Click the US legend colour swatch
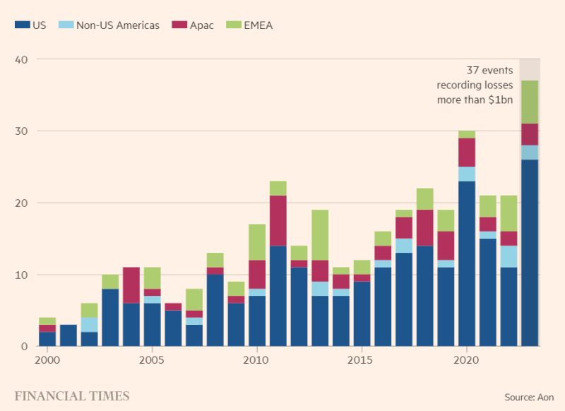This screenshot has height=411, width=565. click(x=21, y=25)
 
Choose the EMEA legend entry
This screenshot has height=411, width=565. click(x=258, y=25)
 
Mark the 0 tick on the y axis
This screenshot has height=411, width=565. click(x=24, y=346)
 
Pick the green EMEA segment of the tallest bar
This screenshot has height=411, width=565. click(x=530, y=102)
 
